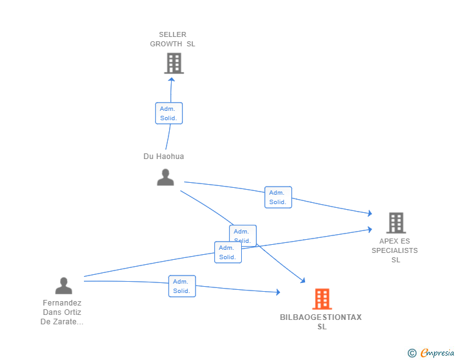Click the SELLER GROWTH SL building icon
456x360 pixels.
[174, 63]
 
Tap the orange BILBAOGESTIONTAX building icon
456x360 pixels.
[322, 299]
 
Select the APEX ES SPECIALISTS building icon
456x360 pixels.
[396, 223]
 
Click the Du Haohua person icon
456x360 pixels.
[165, 177]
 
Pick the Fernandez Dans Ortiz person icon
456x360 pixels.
[64, 285]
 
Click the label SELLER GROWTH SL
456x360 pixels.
[172, 39]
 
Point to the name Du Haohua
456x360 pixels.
[163, 157]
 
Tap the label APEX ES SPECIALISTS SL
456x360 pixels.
[395, 250]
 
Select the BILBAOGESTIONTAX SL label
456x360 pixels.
[321, 322]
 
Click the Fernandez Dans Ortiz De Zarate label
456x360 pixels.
[62, 312]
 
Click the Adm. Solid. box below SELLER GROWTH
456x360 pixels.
[169, 113]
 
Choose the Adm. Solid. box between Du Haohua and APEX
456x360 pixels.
[278, 197]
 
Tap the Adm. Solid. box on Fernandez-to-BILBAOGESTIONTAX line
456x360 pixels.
[182, 286]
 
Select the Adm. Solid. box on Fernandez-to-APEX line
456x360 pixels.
[228, 252]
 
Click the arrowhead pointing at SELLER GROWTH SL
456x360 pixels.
[172, 80]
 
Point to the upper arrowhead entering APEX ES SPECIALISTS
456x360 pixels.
[370, 213]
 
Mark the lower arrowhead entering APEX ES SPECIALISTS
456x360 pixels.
[370, 229]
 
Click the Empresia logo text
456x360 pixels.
[437, 352]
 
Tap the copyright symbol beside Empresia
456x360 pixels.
[412, 353]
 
